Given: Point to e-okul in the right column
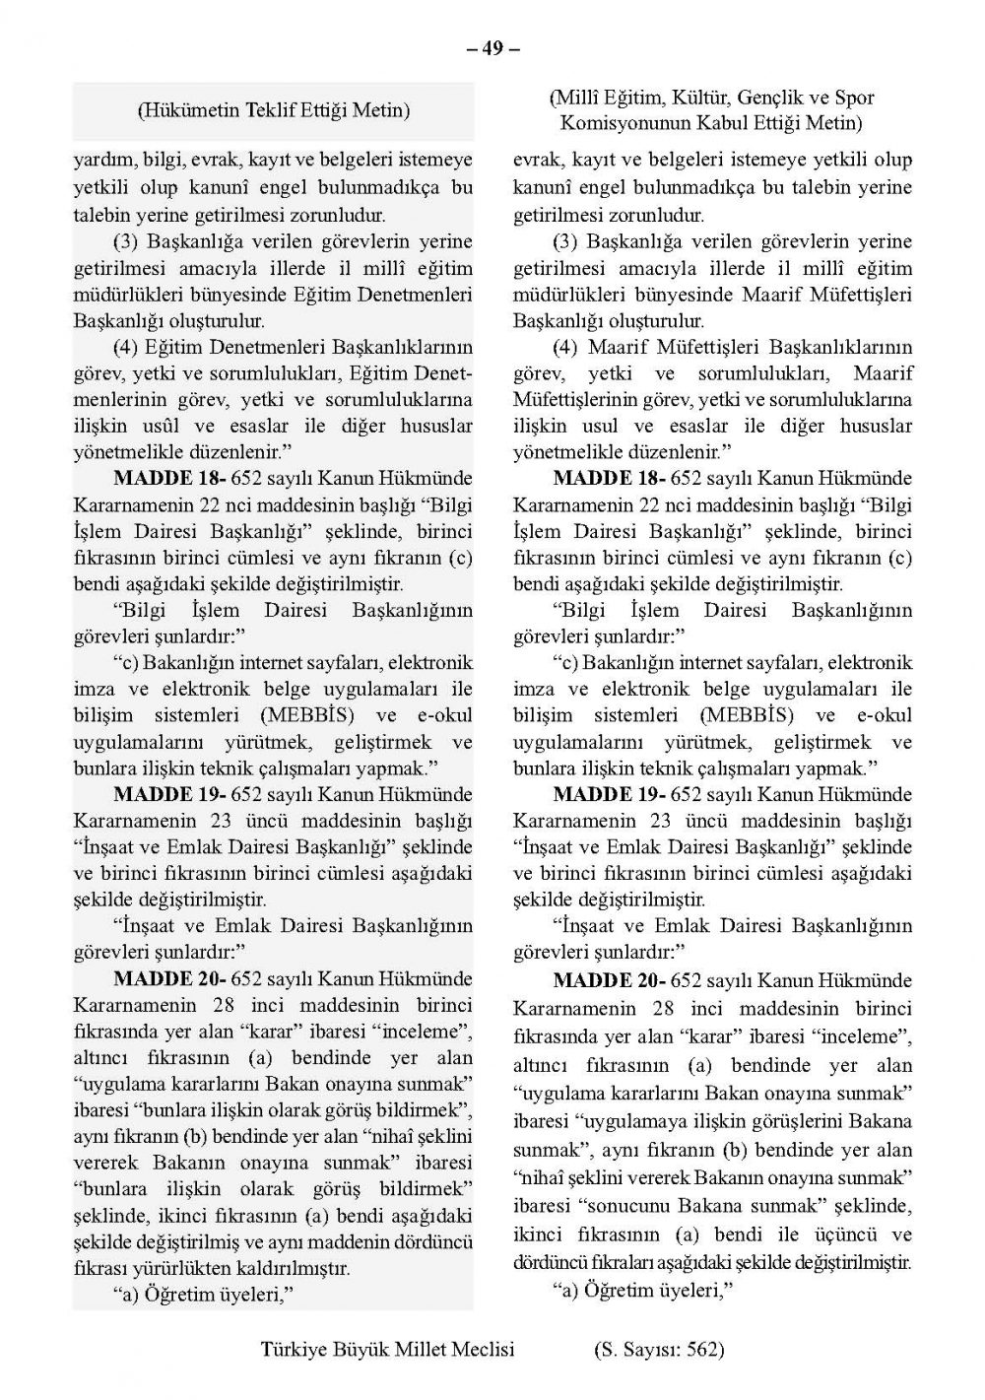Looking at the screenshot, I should tap(884, 716).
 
